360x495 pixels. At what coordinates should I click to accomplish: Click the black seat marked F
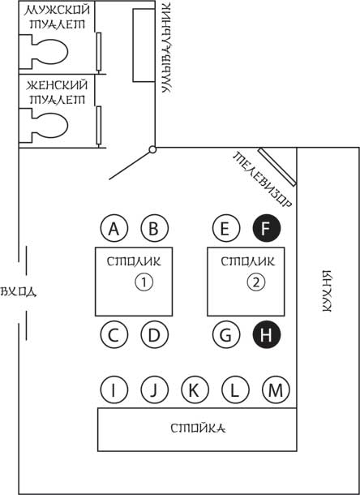click(267, 228)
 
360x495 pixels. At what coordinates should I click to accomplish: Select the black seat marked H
click(267, 334)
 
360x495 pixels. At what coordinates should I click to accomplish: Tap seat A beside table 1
click(114, 228)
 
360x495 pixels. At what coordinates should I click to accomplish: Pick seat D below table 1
click(155, 334)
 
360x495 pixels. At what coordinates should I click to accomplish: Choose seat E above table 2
click(226, 228)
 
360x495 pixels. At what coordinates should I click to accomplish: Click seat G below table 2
click(226, 334)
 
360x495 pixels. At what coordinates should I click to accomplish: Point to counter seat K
click(195, 390)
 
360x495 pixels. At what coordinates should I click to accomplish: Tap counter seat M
click(276, 390)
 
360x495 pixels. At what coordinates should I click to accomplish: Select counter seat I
click(114, 390)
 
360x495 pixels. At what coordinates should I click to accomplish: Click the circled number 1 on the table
click(144, 282)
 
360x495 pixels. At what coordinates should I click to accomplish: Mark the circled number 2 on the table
click(256, 282)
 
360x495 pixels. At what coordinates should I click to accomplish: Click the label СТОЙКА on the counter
click(198, 428)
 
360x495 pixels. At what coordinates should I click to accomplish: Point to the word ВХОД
click(19, 291)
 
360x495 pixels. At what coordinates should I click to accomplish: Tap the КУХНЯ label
click(328, 291)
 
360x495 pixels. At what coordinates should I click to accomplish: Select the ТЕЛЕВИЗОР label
click(262, 180)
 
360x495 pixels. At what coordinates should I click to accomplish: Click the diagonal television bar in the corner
click(277, 167)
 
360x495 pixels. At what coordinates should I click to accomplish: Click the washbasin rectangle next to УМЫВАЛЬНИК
click(144, 45)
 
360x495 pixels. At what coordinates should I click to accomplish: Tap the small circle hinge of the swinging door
click(152, 149)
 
